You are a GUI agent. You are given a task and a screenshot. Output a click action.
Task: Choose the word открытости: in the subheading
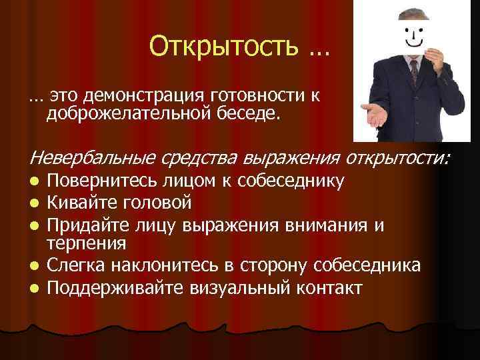point(398,158)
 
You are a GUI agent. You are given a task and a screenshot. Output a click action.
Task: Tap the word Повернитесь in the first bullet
point(99,180)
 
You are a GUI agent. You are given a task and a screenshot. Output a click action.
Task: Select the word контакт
point(327,288)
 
